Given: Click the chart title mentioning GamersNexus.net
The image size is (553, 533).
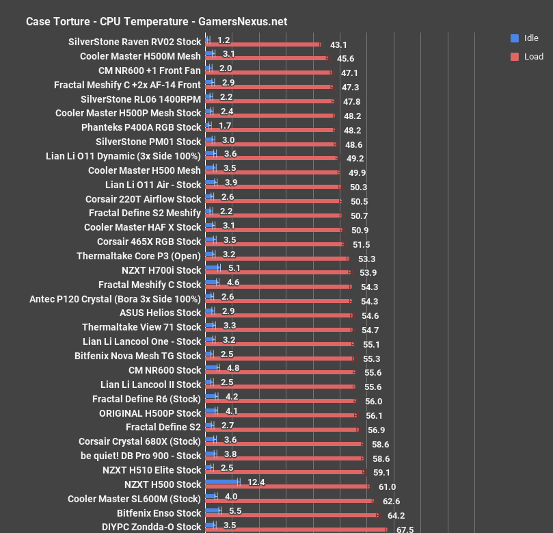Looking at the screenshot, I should click(x=157, y=21).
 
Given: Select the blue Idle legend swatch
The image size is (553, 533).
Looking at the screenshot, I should click(x=514, y=38).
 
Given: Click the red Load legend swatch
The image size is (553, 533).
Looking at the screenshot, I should click(x=514, y=56).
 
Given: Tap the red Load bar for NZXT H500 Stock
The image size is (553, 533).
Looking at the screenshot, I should click(x=287, y=486).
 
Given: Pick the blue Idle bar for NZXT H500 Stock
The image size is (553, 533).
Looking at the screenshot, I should click(x=223, y=482).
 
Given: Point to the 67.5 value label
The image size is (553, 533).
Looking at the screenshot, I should click(x=405, y=529).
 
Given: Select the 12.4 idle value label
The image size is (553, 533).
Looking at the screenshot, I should click(x=256, y=482).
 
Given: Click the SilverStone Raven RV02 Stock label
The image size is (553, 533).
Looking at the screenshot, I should click(x=135, y=42).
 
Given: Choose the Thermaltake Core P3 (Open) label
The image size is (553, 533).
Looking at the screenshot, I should click(x=139, y=256).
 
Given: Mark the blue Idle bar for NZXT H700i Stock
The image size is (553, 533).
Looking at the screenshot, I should click(x=213, y=268).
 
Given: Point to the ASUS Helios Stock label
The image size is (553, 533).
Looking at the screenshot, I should click(x=160, y=313).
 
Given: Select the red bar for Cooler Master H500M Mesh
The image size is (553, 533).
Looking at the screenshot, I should click(x=266, y=59).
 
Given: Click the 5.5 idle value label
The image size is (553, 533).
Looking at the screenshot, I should click(x=233, y=511).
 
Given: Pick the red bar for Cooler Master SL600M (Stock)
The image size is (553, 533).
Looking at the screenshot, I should click(x=290, y=501).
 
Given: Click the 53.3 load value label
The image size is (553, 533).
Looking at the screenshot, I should click(x=367, y=259).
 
